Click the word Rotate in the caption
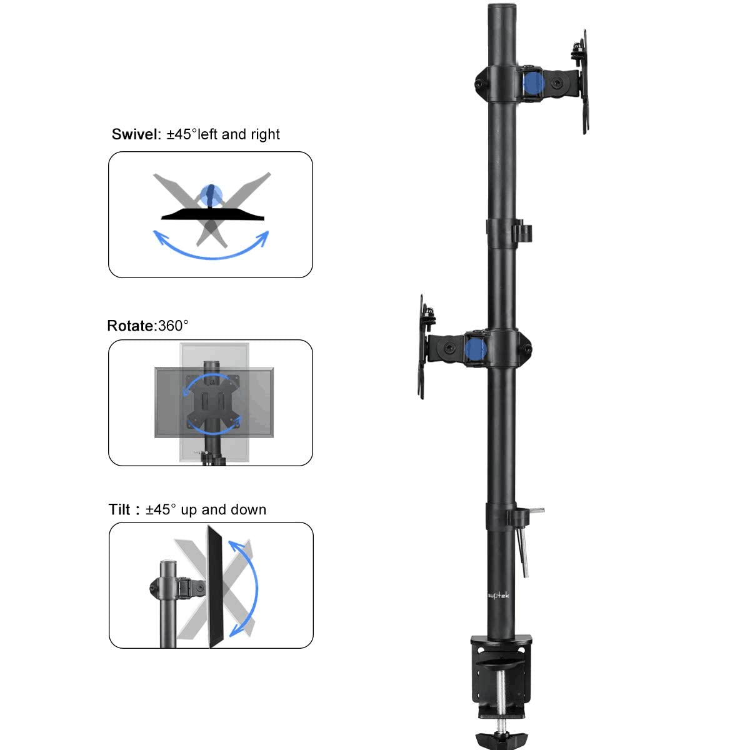coord(131,326)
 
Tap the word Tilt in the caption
coord(120,510)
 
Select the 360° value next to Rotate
coord(173,326)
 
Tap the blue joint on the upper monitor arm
coord(533,82)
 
